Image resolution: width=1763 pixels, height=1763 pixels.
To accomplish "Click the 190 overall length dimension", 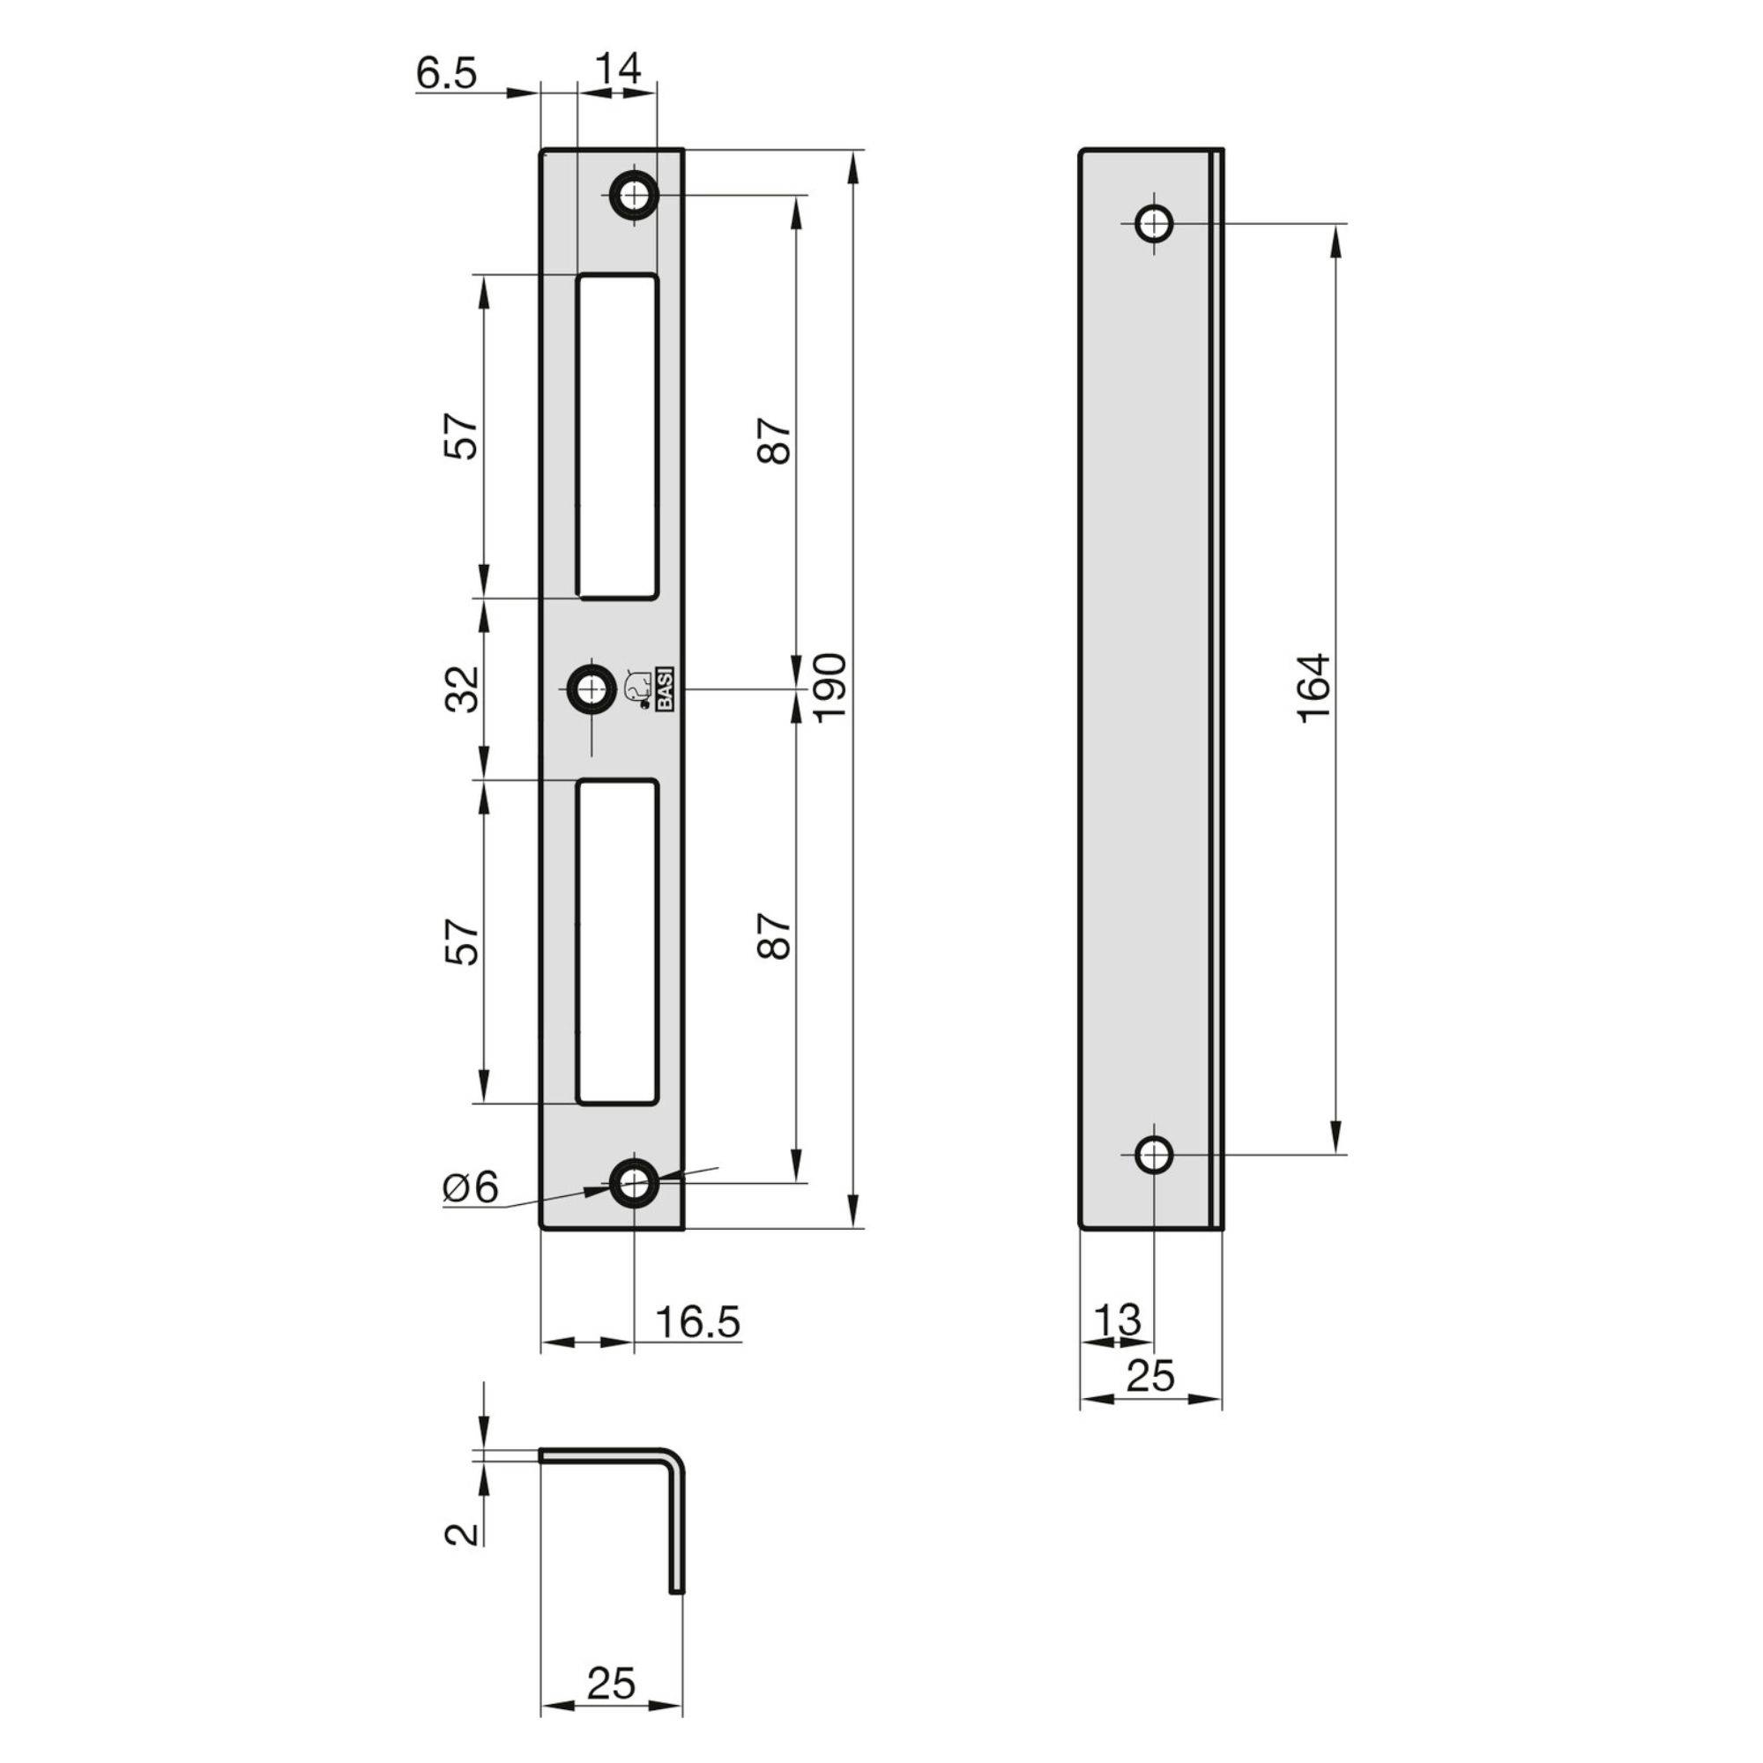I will pos(830,688).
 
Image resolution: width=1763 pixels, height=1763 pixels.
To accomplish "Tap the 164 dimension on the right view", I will pos(1315,688).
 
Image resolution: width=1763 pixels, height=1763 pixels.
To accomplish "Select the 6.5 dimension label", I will pos(446,73).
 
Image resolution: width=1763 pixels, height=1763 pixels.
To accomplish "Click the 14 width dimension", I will pos(618,69).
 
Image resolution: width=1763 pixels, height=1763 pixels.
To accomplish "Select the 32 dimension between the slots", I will pos(463,689).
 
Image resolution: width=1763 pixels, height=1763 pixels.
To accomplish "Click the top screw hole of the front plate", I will pos(633,193).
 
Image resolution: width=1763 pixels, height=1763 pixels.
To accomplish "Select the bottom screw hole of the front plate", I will pos(633,1185).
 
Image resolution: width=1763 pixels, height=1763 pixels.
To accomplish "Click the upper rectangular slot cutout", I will pos(617,437).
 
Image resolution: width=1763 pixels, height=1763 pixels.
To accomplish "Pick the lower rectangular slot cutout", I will pos(617,941).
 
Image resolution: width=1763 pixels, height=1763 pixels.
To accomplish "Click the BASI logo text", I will pos(666,691).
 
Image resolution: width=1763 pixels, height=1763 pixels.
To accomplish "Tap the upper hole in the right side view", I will pos(1155,223).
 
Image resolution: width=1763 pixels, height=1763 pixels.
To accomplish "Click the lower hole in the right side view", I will pos(1155,1155).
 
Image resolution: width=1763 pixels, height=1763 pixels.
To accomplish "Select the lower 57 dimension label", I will pos(463,941).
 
